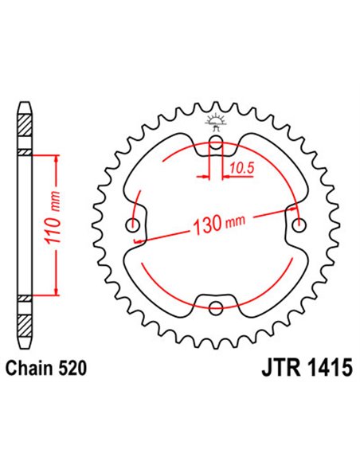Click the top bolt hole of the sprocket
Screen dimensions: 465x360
tap(216, 145)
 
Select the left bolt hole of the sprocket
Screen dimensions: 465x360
tap(134, 225)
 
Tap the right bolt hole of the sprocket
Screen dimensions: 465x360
tap(299, 225)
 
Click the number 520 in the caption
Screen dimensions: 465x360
tap(72, 369)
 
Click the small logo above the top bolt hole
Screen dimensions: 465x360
tap(214, 122)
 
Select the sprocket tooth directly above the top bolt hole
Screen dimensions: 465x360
tap(216, 107)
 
